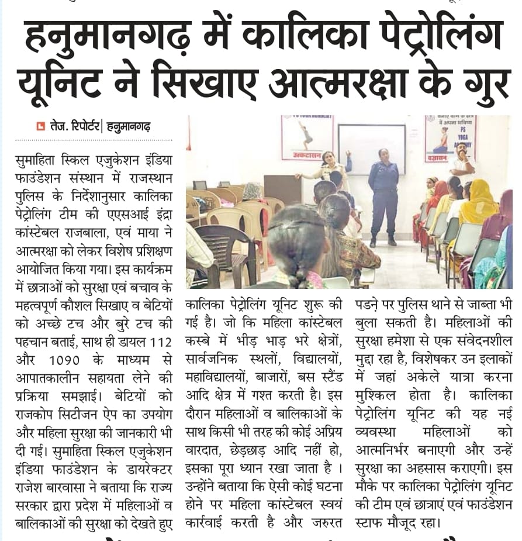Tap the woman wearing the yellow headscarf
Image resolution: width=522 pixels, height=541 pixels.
[479, 202]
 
